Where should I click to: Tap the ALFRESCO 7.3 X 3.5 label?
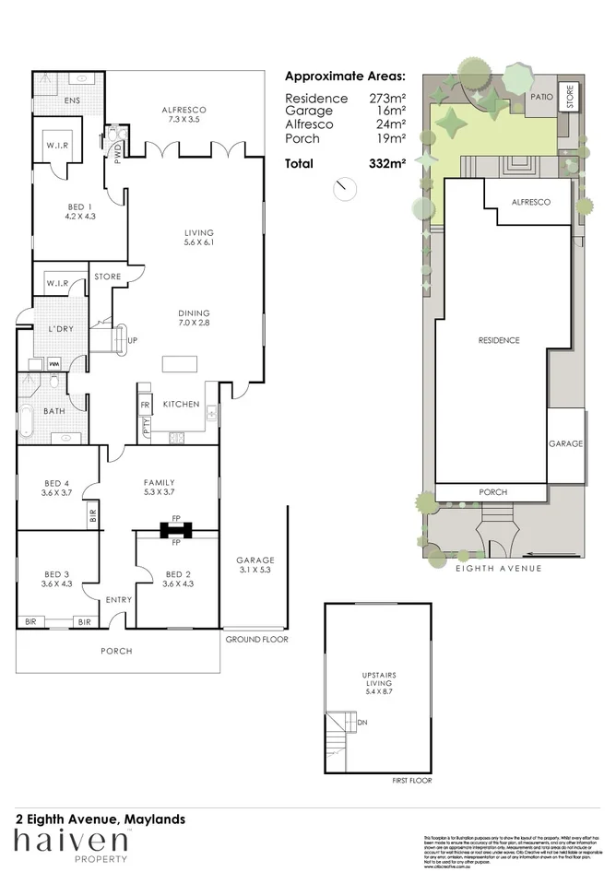click(x=184, y=114)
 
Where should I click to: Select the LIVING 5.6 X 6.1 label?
click(x=198, y=237)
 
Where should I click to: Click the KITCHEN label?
click(x=182, y=405)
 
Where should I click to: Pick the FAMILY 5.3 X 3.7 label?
click(x=159, y=487)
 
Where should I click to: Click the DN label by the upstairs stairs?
click(x=362, y=723)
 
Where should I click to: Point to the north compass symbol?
click(x=346, y=187)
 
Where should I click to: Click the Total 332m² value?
click(x=387, y=164)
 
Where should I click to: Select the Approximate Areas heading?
click(x=345, y=77)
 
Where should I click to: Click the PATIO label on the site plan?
click(x=540, y=96)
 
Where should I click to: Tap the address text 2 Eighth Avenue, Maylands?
click(x=101, y=819)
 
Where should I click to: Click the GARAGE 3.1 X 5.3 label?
click(x=255, y=565)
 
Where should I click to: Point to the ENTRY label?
click(x=119, y=599)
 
